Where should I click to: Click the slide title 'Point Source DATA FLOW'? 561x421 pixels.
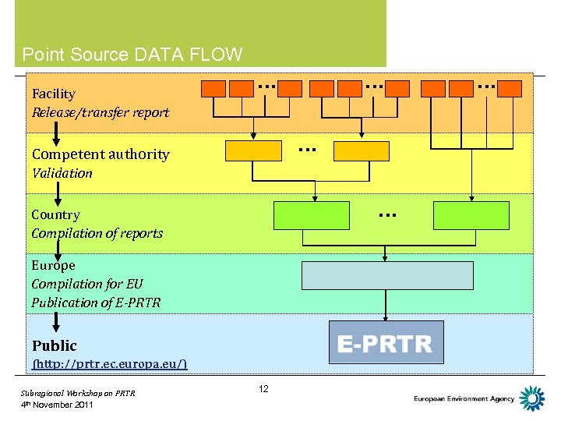(x=132, y=55)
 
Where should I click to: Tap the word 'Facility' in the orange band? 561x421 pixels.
(x=54, y=94)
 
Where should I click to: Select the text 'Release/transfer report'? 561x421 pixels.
(x=100, y=112)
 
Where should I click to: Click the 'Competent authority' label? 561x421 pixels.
(x=100, y=154)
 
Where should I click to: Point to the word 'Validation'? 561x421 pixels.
(x=62, y=173)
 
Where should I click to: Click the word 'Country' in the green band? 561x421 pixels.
(x=55, y=214)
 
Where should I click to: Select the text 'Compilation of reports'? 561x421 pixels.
(x=97, y=233)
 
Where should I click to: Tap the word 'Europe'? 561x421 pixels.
(x=53, y=265)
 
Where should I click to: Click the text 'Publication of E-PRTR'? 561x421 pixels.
(x=95, y=302)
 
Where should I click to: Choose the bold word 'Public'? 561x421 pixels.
(x=55, y=345)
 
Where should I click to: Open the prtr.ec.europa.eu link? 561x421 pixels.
(x=109, y=364)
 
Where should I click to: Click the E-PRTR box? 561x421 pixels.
(x=386, y=343)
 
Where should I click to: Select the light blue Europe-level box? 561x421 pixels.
(x=387, y=275)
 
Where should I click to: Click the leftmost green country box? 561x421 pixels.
(x=312, y=215)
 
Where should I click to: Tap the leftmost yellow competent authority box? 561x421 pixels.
(x=253, y=150)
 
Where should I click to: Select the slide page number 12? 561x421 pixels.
(x=263, y=388)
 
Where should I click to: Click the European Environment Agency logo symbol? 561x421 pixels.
(x=532, y=398)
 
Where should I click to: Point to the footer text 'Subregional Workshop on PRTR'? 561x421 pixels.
(x=78, y=393)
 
